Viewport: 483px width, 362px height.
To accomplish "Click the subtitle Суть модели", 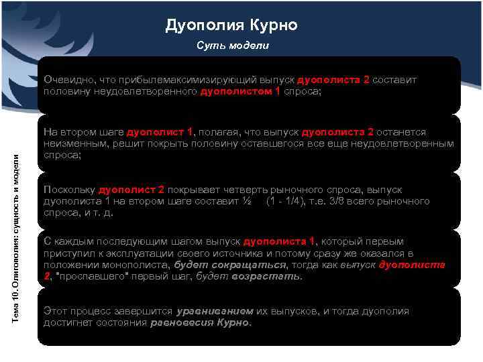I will (232, 46).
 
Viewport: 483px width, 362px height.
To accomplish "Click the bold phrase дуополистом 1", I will (240, 91).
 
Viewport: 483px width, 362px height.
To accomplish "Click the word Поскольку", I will (69, 190).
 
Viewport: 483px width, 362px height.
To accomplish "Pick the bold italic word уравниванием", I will (215, 311).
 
